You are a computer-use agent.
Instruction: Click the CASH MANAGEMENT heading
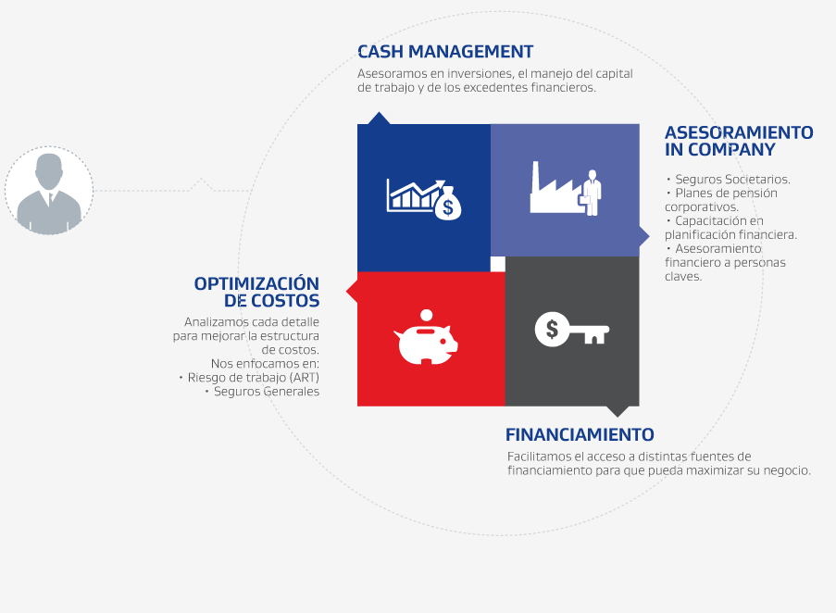click(445, 52)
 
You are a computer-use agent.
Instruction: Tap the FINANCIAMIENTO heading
click(580, 435)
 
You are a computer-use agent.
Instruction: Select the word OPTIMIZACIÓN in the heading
click(256, 283)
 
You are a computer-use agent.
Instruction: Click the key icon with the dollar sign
click(571, 330)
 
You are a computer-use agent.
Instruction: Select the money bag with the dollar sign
click(448, 203)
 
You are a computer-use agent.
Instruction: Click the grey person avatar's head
click(49, 170)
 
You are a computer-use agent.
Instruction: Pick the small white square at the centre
click(497, 264)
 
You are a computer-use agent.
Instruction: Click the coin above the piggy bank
click(426, 316)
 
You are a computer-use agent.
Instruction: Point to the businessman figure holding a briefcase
click(591, 193)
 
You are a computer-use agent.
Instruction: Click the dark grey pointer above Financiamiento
click(618, 411)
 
